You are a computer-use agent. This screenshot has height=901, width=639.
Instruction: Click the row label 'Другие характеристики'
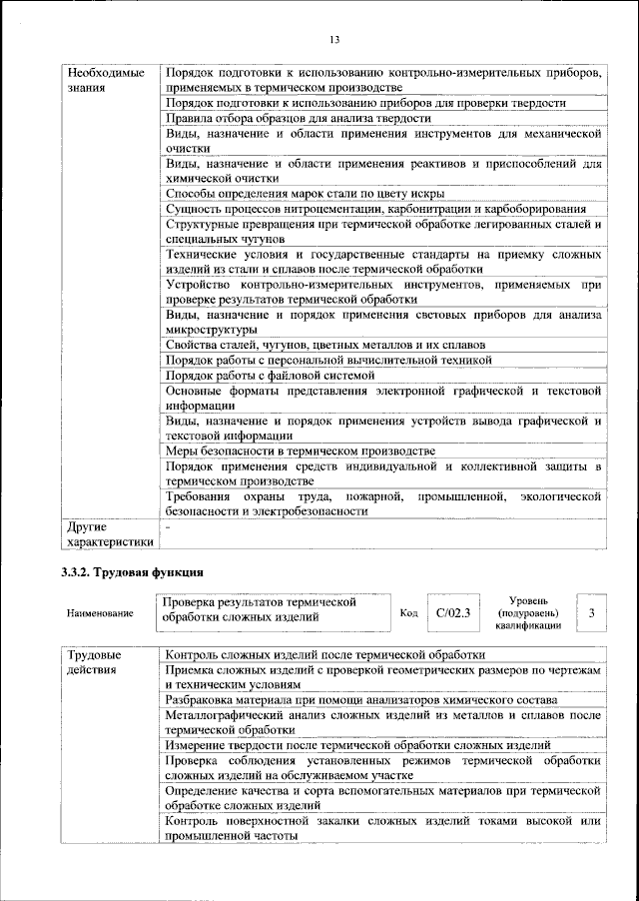pos(109,534)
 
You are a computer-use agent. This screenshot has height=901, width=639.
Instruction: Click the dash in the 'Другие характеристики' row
pos(169,526)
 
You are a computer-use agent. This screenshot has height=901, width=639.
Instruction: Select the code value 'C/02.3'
pos(452,612)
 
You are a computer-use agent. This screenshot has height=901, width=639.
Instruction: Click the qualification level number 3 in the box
pos(592,612)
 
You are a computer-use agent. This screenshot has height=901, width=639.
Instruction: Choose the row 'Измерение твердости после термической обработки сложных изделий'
pos(357,745)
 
